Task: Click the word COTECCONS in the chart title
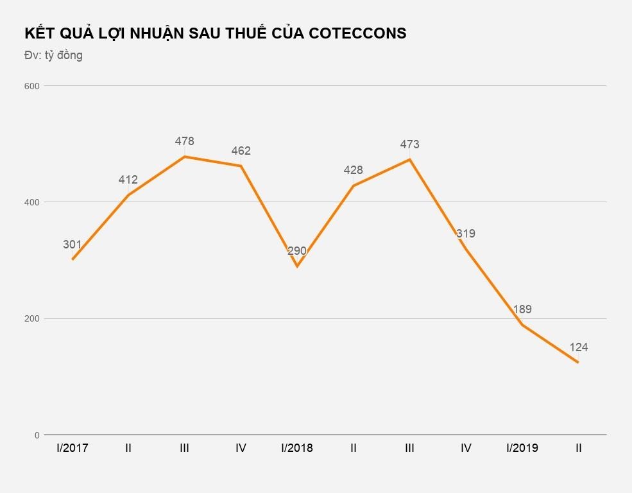click(x=357, y=33)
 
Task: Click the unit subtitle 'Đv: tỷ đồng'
click(x=53, y=55)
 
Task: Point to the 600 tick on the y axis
click(x=32, y=86)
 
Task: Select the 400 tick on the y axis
click(x=32, y=202)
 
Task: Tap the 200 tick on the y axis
click(x=32, y=319)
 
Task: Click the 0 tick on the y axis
click(x=37, y=435)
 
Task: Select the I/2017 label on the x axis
click(x=72, y=448)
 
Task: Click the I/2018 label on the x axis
click(x=297, y=448)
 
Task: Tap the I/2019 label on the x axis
click(x=522, y=448)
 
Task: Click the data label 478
click(x=184, y=141)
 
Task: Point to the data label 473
click(x=409, y=144)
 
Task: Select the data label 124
click(x=578, y=347)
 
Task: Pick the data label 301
click(x=72, y=245)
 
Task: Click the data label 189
click(x=522, y=309)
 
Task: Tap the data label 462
click(x=241, y=151)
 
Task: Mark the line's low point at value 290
click(x=297, y=266)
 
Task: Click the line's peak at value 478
click(x=184, y=157)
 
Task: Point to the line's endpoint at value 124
click(x=578, y=363)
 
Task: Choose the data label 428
click(x=353, y=170)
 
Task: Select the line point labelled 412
click(x=128, y=195)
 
